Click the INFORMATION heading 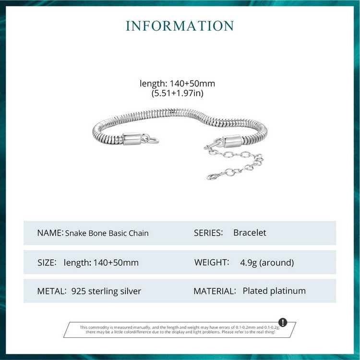pos(180,26)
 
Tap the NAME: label pos(50,233)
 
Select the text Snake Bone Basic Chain pos(107,233)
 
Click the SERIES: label pos(208,233)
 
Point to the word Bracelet pos(250,233)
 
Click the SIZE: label pos(47,263)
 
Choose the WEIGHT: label pos(211,263)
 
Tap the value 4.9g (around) pos(267,263)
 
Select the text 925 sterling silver pos(106,291)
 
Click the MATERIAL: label pos(215,291)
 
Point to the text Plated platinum pos(274,291)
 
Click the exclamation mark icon pos(283,322)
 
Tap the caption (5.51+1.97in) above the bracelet pos(178,93)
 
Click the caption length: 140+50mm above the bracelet pos(178,84)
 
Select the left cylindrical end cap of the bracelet pos(132,139)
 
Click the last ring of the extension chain pos(212,176)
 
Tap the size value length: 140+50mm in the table pos(101,263)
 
